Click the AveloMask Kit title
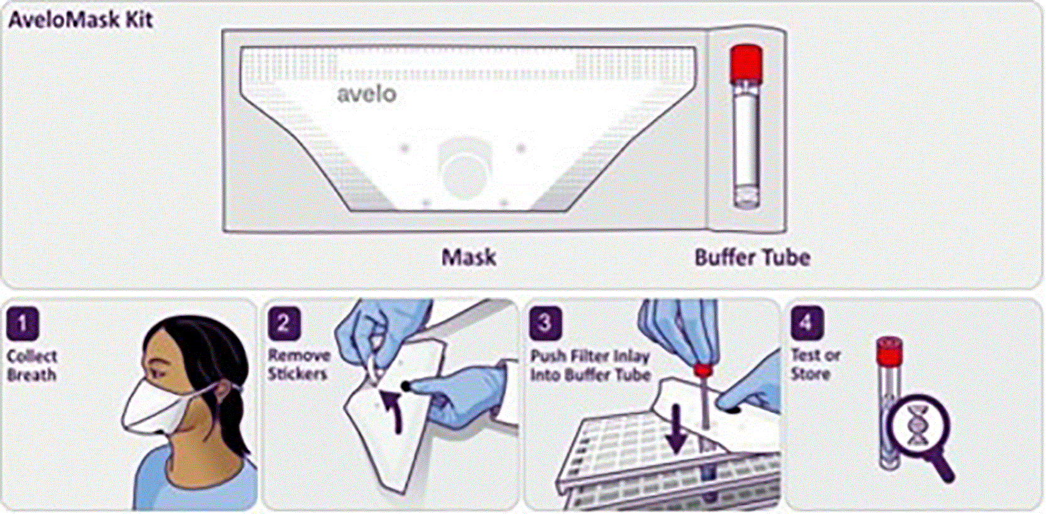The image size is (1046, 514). click(80, 20)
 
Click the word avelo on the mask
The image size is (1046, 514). click(367, 94)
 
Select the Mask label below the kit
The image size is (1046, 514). click(469, 258)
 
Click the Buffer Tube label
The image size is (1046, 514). click(752, 258)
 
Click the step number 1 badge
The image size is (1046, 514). click(23, 323)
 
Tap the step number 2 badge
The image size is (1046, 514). click(284, 323)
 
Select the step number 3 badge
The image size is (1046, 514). click(545, 323)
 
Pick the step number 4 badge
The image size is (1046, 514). click(807, 323)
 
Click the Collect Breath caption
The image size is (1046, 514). click(32, 366)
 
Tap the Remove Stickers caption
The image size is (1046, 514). click(299, 365)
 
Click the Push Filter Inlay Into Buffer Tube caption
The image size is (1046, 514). click(591, 366)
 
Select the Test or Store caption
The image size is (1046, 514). click(815, 364)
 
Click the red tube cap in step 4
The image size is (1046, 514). click(889, 351)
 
